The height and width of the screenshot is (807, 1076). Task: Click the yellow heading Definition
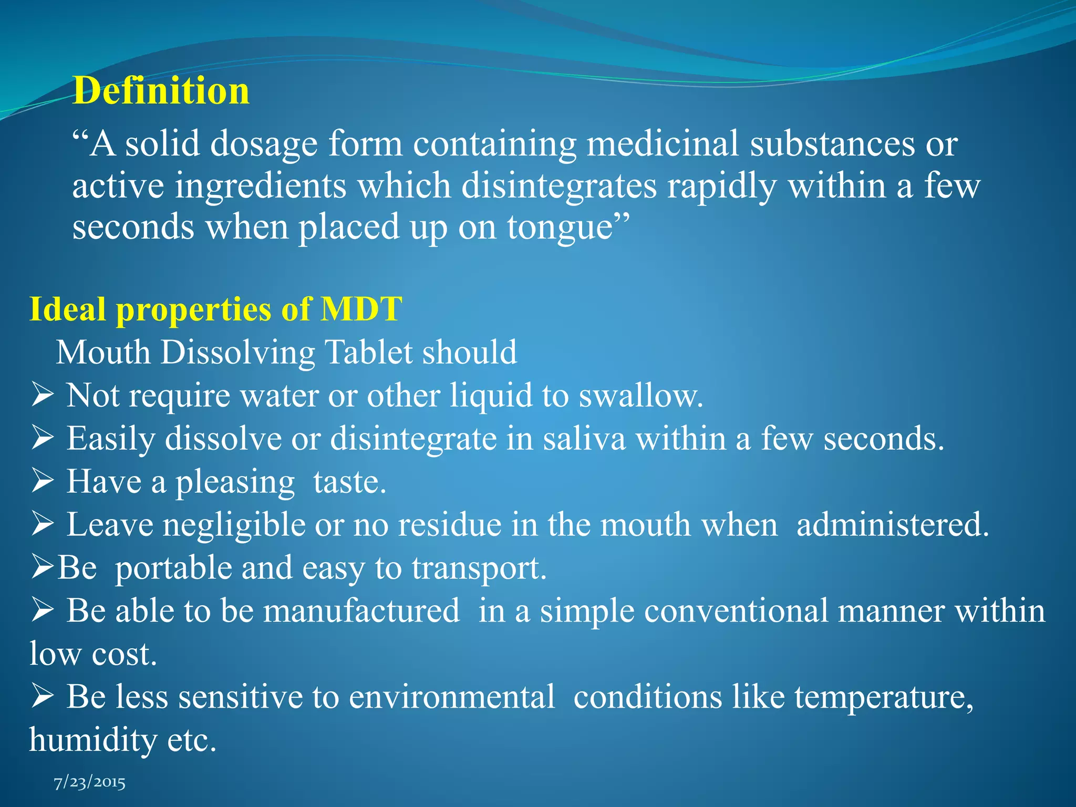click(x=161, y=91)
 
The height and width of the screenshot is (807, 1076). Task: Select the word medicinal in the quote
click(x=663, y=143)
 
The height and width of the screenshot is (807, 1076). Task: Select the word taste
click(x=349, y=481)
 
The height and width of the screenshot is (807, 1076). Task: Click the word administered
click(x=893, y=524)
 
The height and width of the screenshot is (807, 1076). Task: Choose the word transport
click(x=479, y=568)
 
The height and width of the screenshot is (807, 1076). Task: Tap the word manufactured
click(x=361, y=611)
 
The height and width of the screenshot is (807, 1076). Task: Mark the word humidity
click(x=93, y=740)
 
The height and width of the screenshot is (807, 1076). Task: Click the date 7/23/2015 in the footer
click(x=90, y=783)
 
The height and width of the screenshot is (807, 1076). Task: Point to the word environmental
click(x=452, y=697)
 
